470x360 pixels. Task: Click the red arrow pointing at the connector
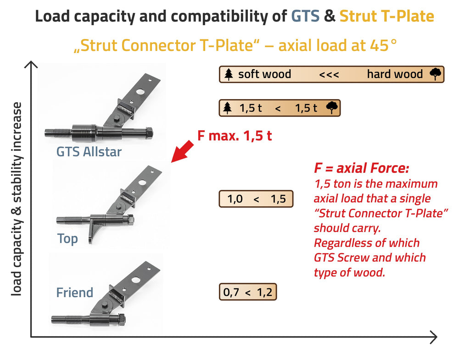click(183, 151)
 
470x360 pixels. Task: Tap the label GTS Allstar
click(89, 151)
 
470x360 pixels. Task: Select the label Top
click(67, 238)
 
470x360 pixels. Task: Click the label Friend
click(74, 293)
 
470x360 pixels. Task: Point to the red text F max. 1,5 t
click(234, 136)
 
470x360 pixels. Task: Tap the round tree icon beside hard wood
click(435, 74)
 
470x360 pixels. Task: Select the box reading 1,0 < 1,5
click(256, 199)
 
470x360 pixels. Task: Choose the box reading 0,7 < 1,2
click(248, 292)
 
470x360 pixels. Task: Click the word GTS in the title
click(306, 17)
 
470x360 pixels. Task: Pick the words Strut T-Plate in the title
click(386, 17)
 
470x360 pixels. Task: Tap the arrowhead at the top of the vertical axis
click(31, 64)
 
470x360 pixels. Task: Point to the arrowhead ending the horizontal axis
click(433, 337)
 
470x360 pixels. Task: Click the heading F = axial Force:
click(361, 168)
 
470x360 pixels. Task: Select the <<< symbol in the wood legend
click(329, 74)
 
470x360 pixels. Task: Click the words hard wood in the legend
click(395, 74)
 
